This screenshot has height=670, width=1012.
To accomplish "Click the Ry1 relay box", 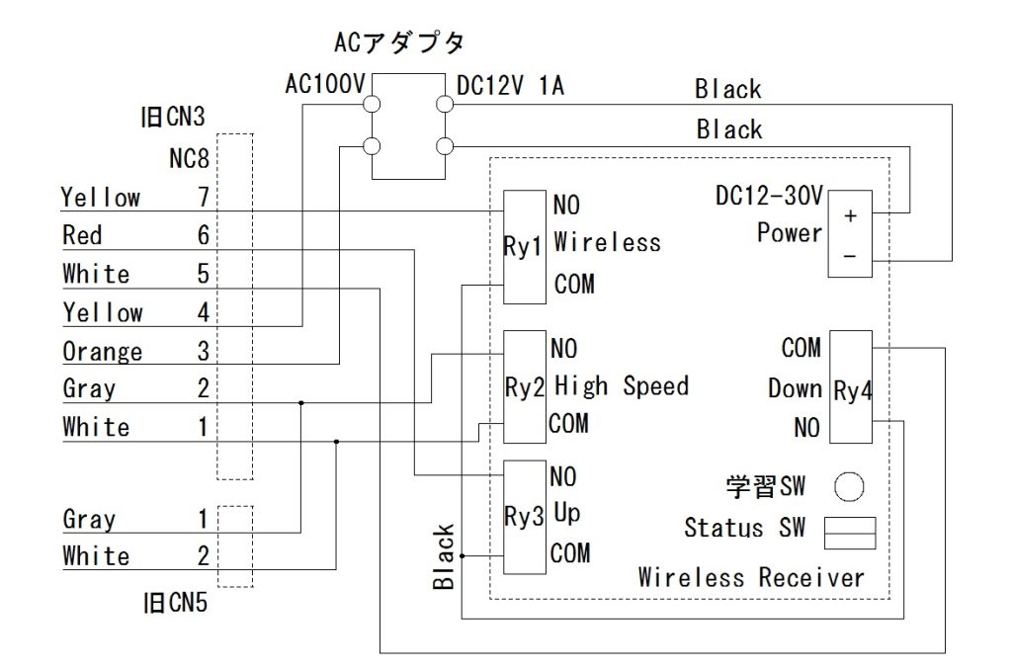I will [525, 246].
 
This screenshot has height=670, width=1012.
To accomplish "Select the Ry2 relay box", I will [525, 386].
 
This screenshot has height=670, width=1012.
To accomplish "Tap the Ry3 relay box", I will [525, 517].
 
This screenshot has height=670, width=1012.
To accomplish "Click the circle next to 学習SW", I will [849, 486].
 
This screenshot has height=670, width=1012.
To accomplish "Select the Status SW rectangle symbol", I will [851, 533].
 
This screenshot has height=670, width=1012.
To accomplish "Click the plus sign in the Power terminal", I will [850, 214].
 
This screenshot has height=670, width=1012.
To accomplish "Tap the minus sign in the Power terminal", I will [850, 257].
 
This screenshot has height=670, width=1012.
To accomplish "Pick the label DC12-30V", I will [769, 197].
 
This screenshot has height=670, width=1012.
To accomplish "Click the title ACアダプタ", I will [399, 43].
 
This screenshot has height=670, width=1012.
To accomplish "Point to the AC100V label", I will [324, 85].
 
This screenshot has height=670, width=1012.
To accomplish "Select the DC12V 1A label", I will [510, 86].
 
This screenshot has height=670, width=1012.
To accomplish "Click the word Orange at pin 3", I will [102, 352].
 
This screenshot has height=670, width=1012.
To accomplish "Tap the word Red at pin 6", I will [82, 235].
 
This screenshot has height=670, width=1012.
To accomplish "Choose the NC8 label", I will [189, 158].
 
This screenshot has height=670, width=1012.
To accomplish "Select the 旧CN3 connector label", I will [172, 119].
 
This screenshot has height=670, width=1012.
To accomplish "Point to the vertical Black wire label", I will [445, 557].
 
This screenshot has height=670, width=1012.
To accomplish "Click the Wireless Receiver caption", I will [751, 577].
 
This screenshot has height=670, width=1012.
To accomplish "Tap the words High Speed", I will [621, 386].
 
